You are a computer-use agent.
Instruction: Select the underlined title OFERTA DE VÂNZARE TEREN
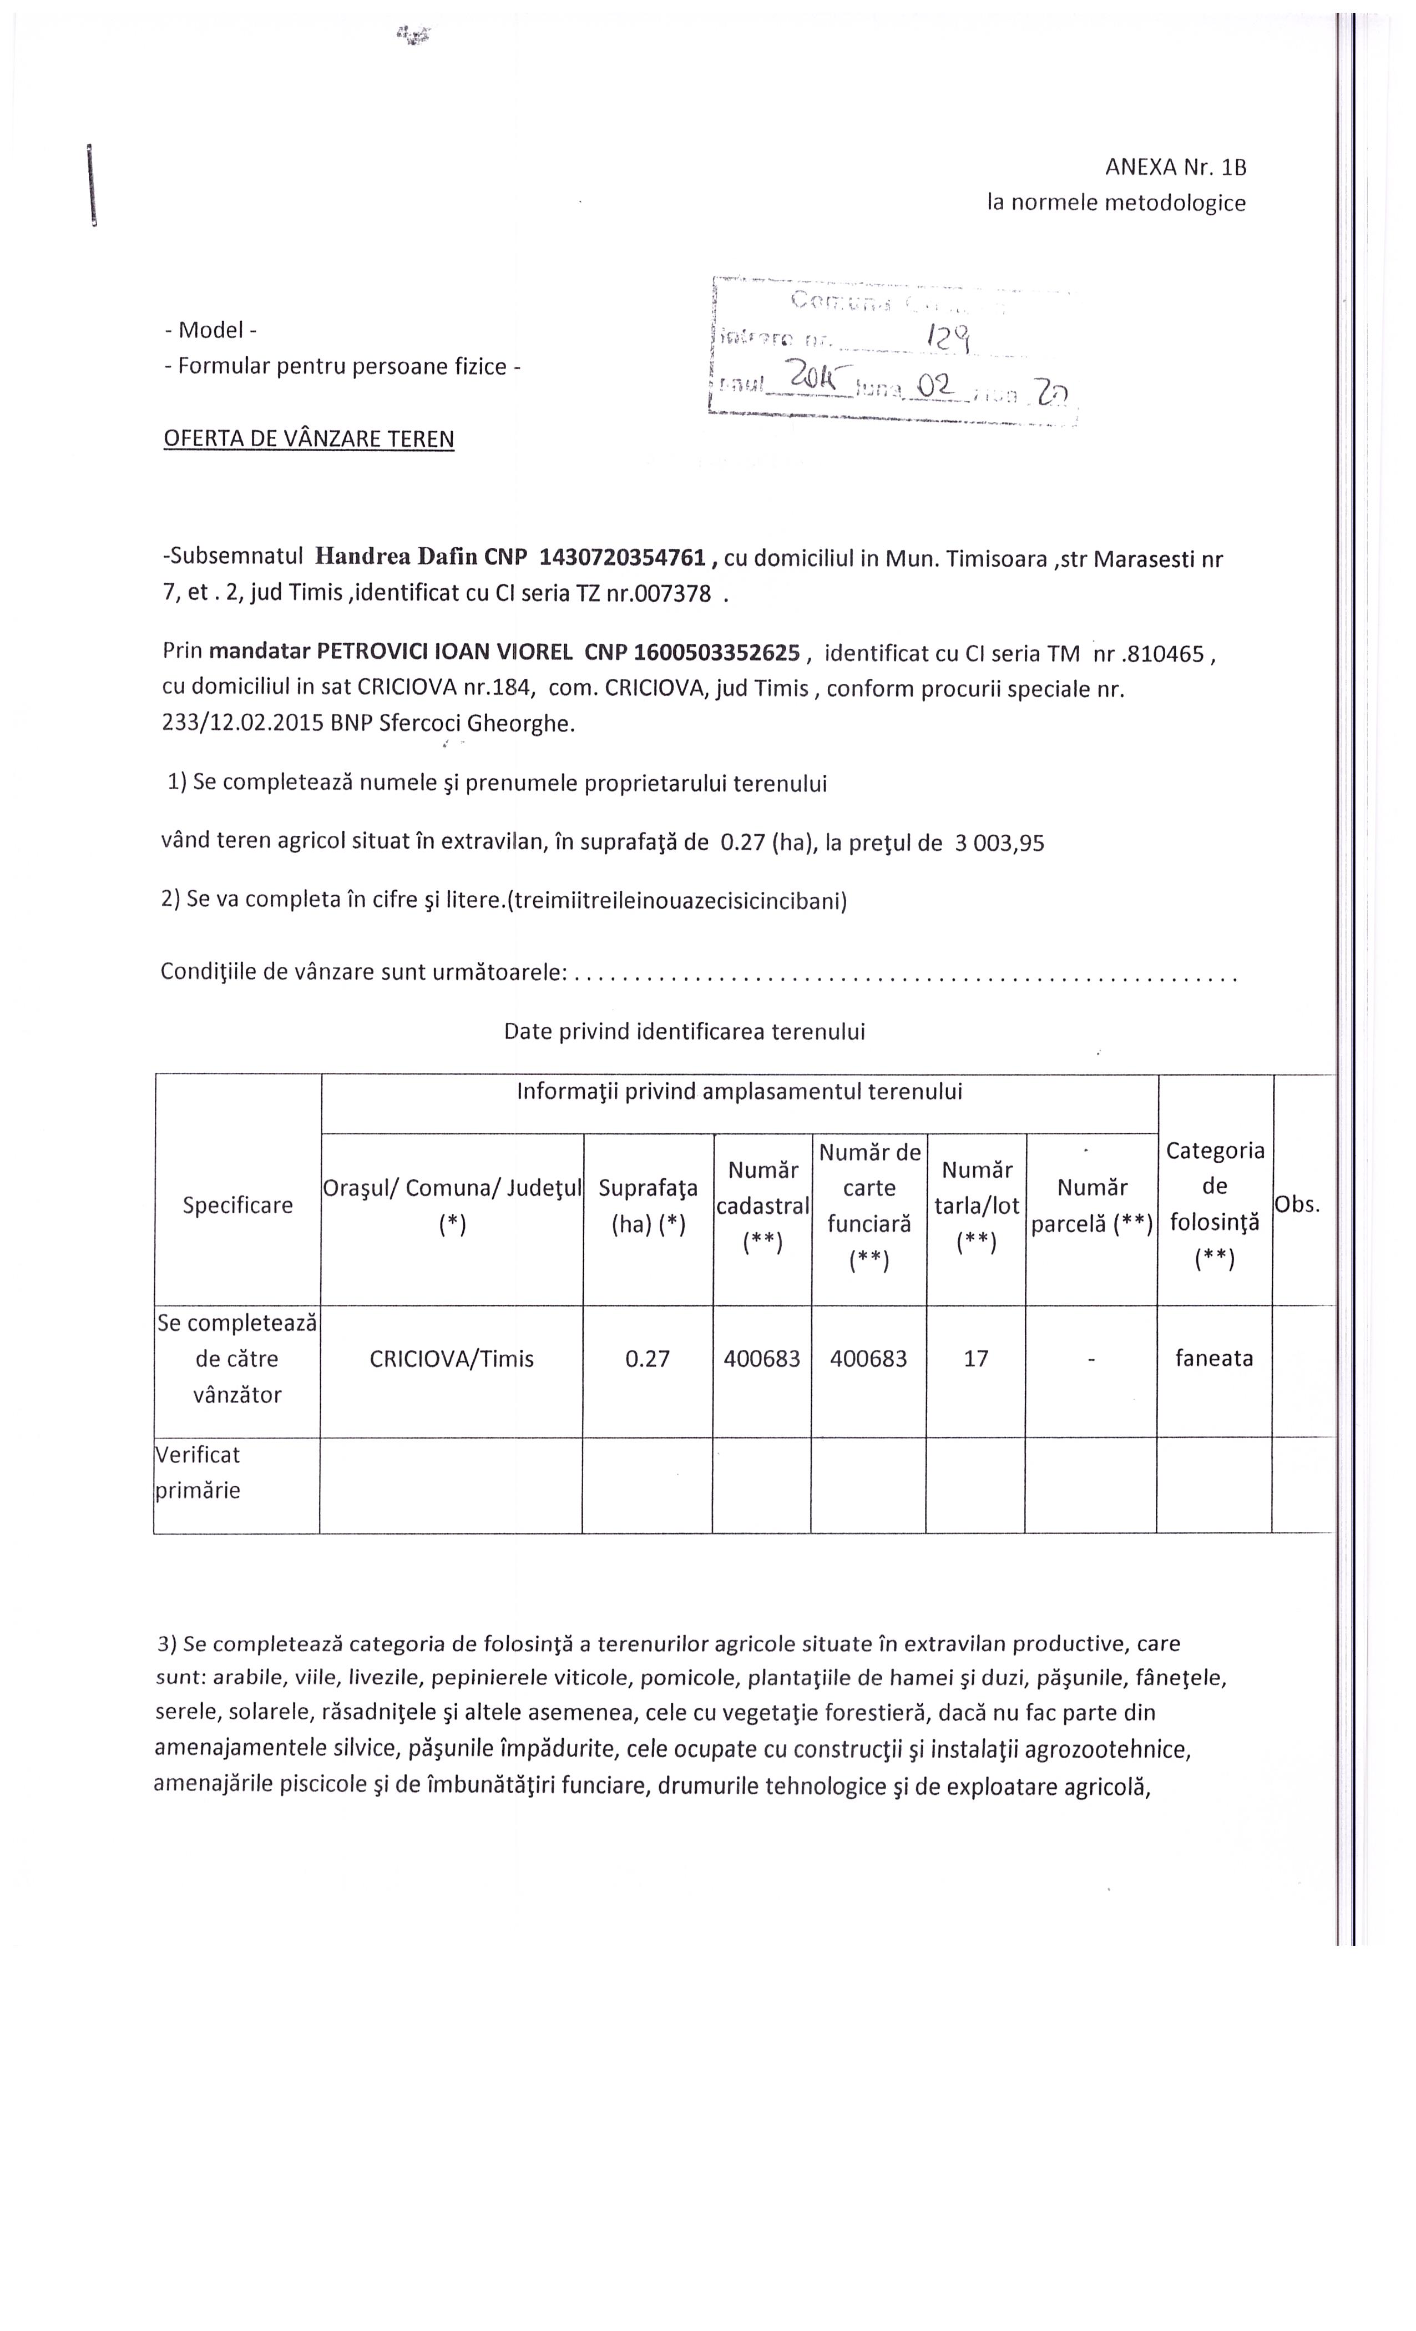click(x=309, y=439)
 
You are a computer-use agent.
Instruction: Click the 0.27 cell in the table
click(x=647, y=1359)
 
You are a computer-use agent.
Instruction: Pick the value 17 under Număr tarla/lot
click(x=975, y=1359)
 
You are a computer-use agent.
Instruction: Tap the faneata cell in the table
click(x=1213, y=1359)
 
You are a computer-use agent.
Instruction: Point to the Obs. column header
click(x=1297, y=1204)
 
